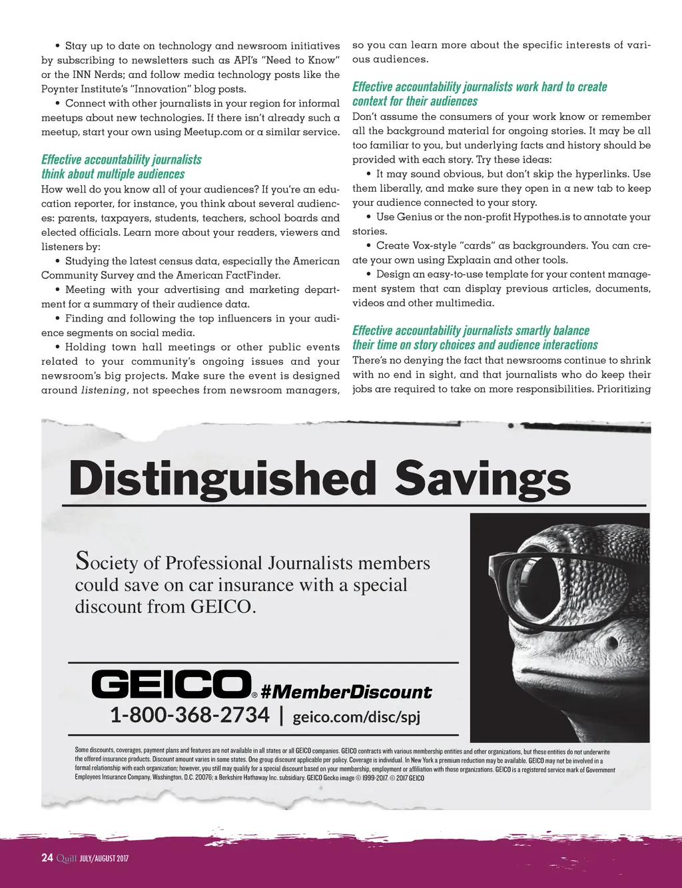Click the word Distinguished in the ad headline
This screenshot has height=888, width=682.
tap(222, 479)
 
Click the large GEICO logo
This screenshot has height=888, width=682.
tap(170, 684)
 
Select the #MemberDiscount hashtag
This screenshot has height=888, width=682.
tap(346, 692)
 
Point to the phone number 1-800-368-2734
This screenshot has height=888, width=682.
tap(190, 715)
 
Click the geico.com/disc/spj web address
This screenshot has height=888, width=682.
tap(356, 717)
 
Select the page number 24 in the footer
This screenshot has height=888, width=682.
tap(47, 857)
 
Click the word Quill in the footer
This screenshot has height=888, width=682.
tap(67, 858)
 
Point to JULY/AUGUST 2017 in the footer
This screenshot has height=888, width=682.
tap(104, 858)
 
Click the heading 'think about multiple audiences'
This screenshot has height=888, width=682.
tap(113, 174)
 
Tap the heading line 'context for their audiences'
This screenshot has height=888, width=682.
tap(415, 101)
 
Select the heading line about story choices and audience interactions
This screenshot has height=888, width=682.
tap(475, 345)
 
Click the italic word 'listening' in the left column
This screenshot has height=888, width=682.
tap(103, 390)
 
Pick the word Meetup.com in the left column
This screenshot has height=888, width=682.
tap(213, 132)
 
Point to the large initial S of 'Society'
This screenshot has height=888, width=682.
tap(82, 560)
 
